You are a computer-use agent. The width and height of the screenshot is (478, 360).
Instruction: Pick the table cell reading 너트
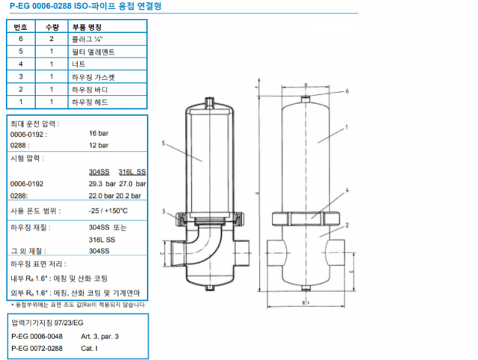click(x=77, y=64)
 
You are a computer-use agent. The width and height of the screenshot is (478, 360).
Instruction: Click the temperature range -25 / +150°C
click(x=109, y=211)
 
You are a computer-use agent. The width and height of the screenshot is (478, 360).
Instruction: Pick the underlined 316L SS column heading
click(x=132, y=172)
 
